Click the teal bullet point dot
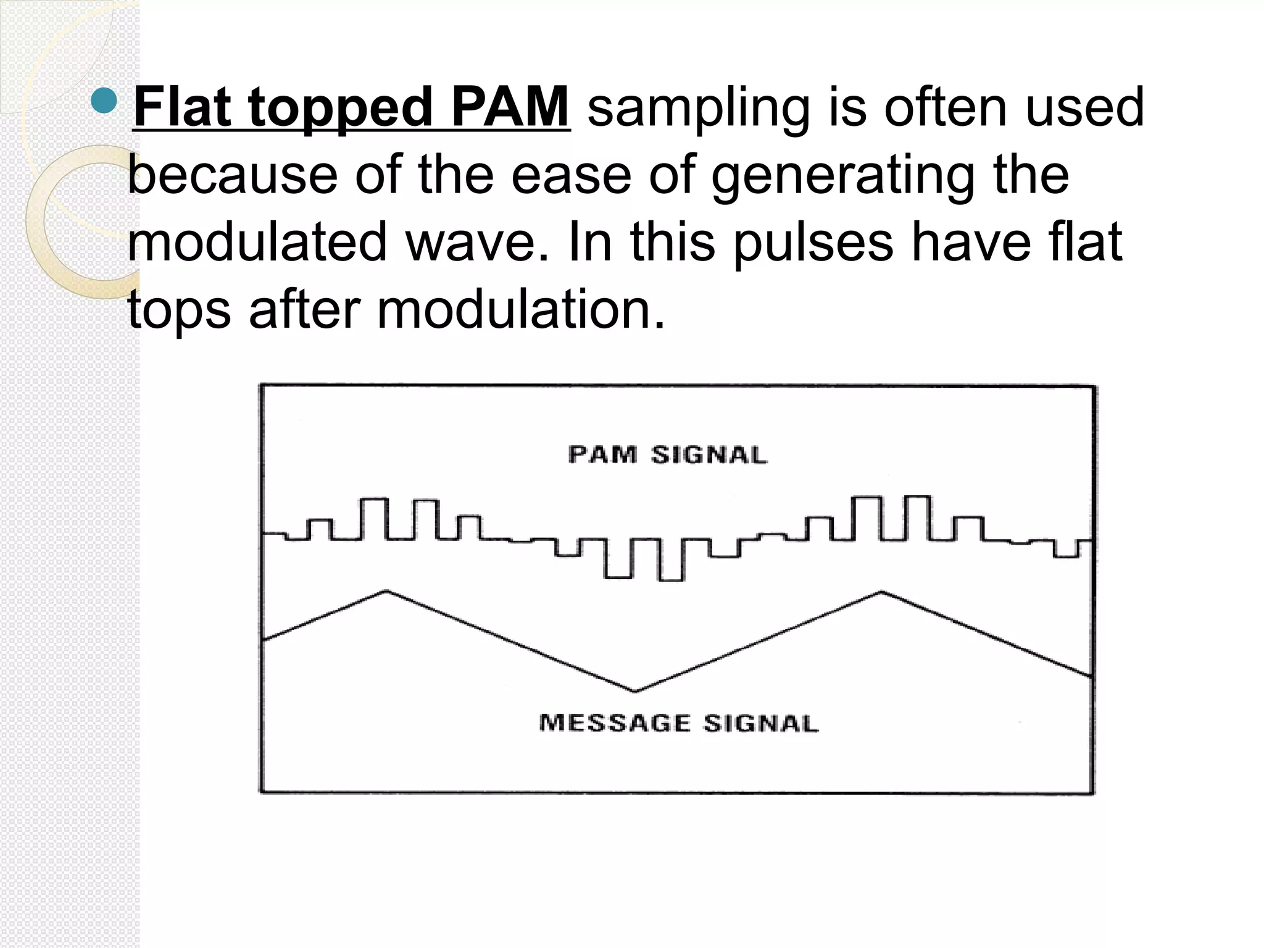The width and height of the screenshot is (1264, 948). (103, 101)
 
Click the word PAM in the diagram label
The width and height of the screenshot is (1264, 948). (602, 455)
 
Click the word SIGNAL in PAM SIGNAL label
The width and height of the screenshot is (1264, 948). (709, 455)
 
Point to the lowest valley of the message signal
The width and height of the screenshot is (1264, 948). (635, 691)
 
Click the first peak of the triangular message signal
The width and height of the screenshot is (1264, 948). (387, 591)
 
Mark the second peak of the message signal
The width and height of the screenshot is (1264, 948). (881, 592)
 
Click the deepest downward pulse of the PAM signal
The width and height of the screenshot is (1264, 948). (671, 579)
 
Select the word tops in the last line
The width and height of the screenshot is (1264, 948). (179, 310)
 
